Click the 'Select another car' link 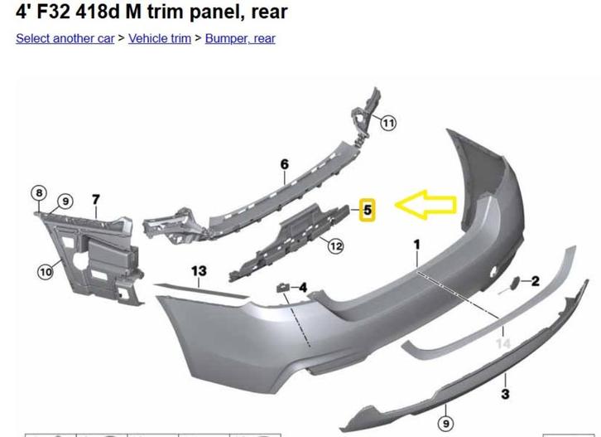(x=65, y=38)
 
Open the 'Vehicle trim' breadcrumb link (x=160, y=38)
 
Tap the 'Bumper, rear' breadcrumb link (x=240, y=38)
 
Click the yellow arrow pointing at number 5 (x=426, y=205)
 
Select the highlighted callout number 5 (x=368, y=210)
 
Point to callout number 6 (x=284, y=164)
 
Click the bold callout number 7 (x=96, y=200)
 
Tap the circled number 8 (x=39, y=192)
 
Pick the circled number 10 (x=46, y=272)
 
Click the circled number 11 (x=388, y=123)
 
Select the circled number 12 (x=336, y=246)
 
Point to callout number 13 (x=199, y=271)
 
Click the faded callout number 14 (x=503, y=343)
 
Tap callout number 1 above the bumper (x=416, y=245)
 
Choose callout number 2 (x=535, y=281)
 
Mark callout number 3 (x=505, y=394)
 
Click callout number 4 (x=303, y=287)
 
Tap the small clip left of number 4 (x=282, y=287)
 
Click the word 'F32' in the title (x=54, y=12)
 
